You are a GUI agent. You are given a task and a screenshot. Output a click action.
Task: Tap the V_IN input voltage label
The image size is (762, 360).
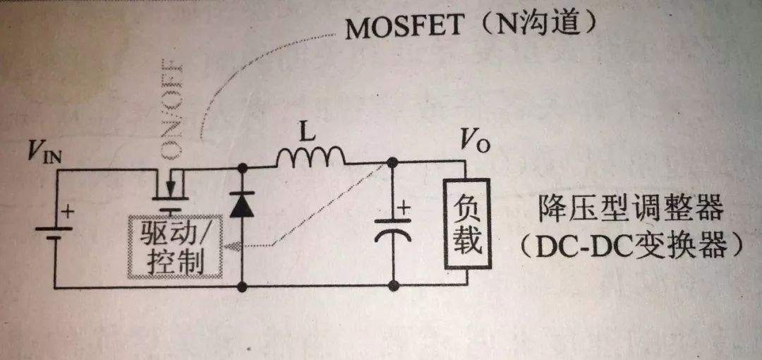(44, 154)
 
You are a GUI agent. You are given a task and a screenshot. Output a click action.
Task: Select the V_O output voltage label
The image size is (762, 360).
(475, 142)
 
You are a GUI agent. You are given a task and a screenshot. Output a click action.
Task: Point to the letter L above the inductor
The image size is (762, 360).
(307, 135)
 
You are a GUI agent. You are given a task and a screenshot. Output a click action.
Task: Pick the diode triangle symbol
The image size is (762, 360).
(241, 204)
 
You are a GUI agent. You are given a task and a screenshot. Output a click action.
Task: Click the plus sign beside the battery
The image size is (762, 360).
(68, 212)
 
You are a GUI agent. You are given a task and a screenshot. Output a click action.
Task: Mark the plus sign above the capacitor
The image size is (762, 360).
(404, 208)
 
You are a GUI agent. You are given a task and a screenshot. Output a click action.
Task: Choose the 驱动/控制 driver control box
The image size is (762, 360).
(174, 248)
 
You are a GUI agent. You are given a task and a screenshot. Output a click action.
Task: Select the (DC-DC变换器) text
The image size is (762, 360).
(630, 246)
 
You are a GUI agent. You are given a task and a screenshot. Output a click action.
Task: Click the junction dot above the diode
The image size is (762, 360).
(242, 168)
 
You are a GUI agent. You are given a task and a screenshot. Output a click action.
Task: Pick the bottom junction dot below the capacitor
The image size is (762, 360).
(394, 286)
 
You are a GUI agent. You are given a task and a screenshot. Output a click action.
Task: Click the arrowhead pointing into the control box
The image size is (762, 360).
(235, 246)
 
